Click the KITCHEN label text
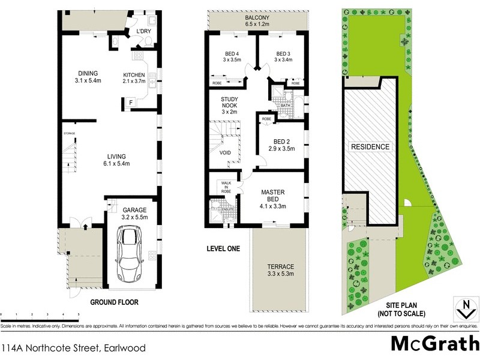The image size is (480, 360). point(133,77)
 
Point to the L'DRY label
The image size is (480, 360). point(143,31)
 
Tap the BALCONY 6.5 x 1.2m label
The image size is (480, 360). point(256,22)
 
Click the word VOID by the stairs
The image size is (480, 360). point(226,153)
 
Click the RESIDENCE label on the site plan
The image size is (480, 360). point(370,146)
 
